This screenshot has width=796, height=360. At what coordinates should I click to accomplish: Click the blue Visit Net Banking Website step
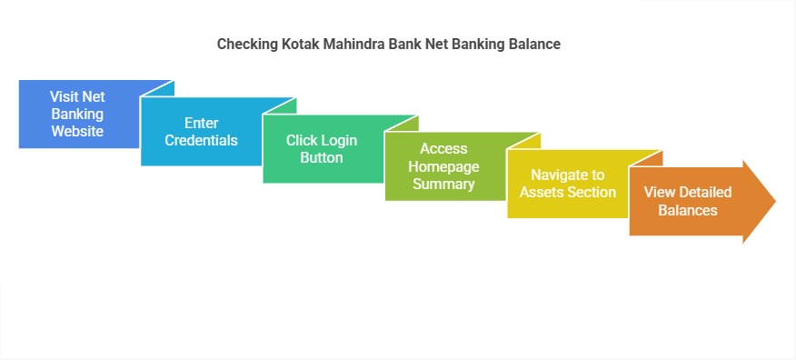click(x=77, y=115)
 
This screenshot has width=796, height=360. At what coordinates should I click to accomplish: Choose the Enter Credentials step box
click(x=201, y=132)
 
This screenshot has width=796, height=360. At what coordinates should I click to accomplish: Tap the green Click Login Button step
click(x=321, y=149)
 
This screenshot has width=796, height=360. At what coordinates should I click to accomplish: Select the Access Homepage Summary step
click(x=443, y=166)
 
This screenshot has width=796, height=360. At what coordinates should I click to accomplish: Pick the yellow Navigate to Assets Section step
click(x=566, y=184)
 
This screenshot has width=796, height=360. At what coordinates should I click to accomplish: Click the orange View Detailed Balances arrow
click(x=688, y=202)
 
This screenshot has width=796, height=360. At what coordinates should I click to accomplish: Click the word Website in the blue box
click(x=77, y=131)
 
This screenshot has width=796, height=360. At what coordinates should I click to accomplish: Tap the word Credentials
click(x=201, y=140)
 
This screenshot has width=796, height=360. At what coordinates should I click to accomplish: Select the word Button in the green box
click(x=321, y=157)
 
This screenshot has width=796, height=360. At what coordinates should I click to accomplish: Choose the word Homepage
click(x=443, y=166)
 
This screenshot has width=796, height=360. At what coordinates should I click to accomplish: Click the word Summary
click(x=443, y=184)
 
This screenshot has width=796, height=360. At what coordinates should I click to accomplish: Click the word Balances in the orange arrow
click(x=688, y=210)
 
